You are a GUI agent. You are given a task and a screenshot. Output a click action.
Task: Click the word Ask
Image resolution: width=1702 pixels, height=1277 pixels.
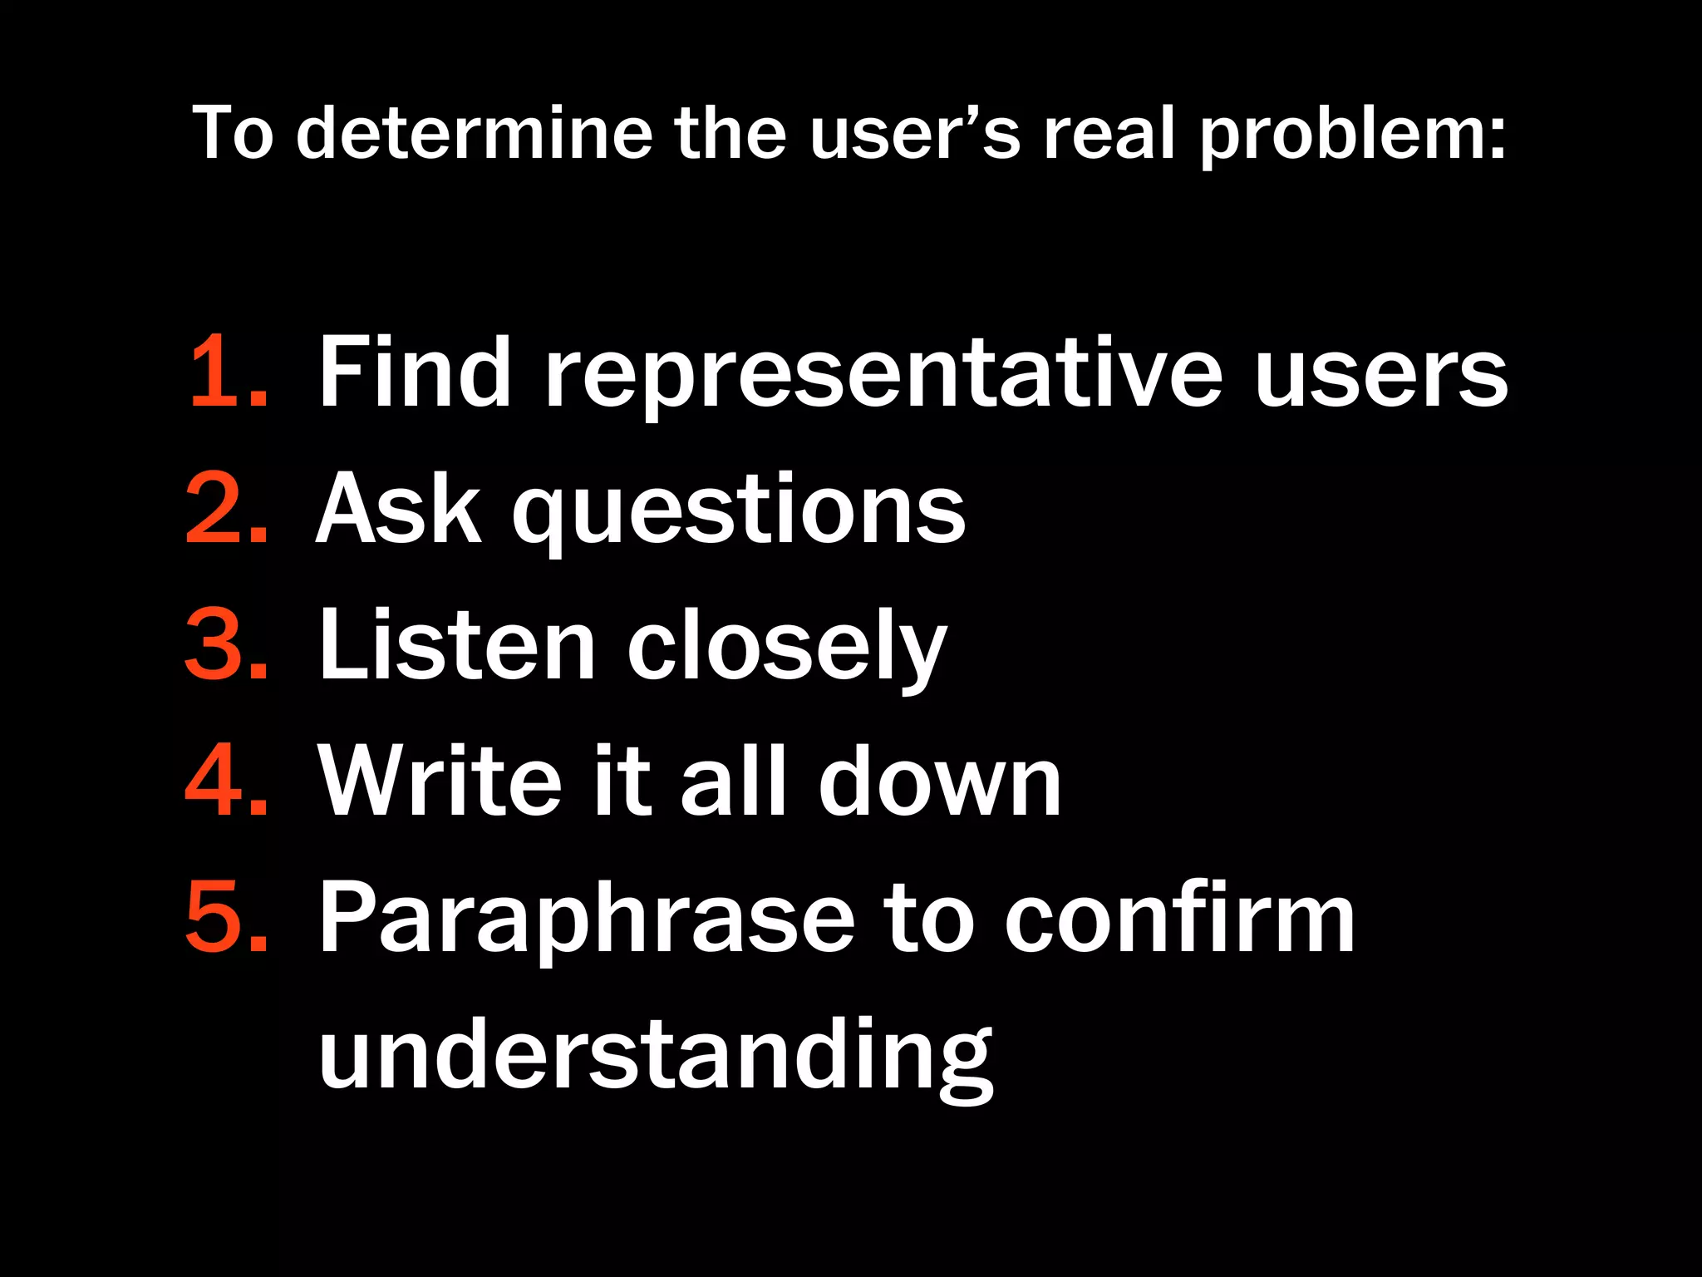coord(399,508)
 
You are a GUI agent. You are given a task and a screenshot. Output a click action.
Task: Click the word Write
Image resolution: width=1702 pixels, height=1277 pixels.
coord(441,781)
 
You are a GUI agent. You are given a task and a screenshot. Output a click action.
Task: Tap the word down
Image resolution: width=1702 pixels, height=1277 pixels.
coord(939,781)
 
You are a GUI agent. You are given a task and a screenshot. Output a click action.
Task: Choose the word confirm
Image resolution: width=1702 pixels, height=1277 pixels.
coord(1179,917)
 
